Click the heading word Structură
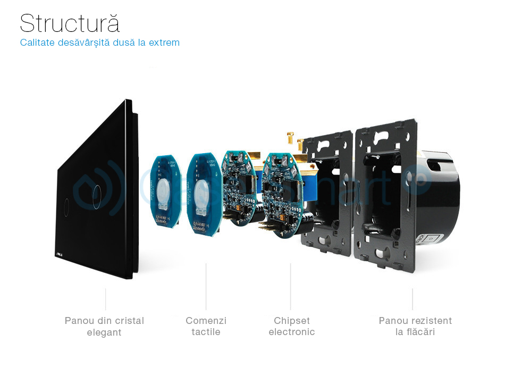click(70, 23)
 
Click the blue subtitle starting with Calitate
click(100, 43)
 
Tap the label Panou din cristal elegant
click(104, 327)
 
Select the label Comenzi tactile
click(206, 326)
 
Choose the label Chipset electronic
click(291, 326)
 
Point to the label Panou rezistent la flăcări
click(415, 326)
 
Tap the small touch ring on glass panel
click(66, 203)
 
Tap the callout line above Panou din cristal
click(105, 299)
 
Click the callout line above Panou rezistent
click(413, 299)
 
